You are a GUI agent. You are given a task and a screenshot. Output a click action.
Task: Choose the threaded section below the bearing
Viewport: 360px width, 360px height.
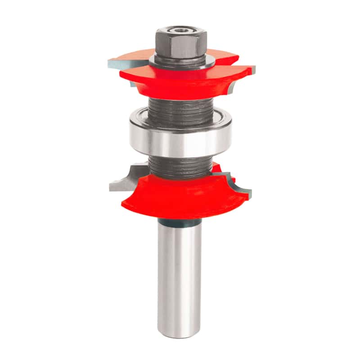[180, 166]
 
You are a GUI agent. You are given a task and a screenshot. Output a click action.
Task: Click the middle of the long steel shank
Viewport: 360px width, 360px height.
[180, 279]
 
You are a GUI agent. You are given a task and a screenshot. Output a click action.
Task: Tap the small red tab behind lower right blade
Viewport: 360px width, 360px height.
[220, 169]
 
